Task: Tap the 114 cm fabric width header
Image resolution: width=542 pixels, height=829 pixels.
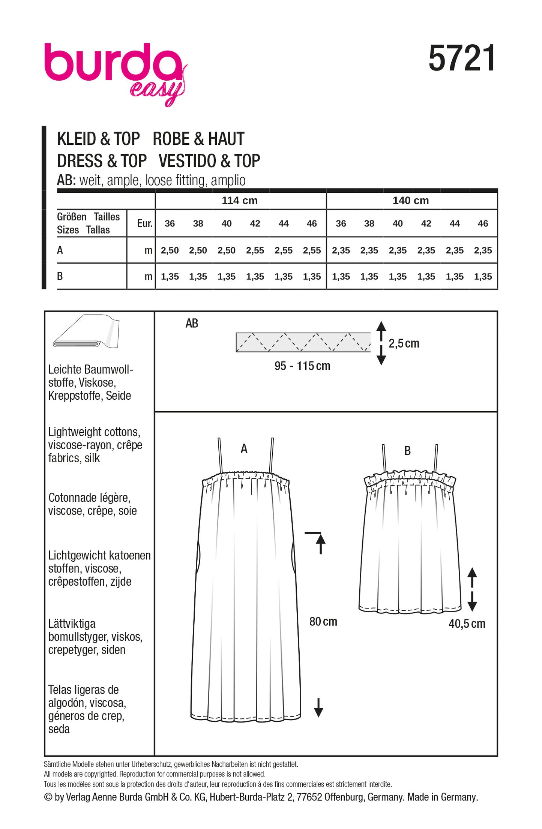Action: pyautogui.click(x=240, y=201)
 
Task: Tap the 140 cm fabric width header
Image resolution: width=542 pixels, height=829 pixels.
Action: pyautogui.click(x=411, y=201)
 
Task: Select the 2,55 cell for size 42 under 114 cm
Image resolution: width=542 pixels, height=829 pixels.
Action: pyautogui.click(x=255, y=250)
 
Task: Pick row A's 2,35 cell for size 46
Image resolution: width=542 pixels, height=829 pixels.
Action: pyautogui.click(x=483, y=250)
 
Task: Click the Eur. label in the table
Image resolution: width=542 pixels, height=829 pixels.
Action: pyautogui.click(x=144, y=223)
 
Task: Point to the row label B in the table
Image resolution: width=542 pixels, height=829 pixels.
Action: pyautogui.click(x=60, y=276)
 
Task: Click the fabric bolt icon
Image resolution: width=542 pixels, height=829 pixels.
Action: pyautogui.click(x=87, y=332)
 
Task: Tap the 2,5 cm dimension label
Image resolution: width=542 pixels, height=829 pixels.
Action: pyautogui.click(x=404, y=343)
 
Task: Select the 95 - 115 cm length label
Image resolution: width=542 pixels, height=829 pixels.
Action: pyautogui.click(x=302, y=366)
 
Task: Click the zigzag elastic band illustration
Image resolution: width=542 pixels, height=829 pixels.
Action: pyautogui.click(x=303, y=342)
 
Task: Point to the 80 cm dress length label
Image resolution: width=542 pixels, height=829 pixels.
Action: pyautogui.click(x=323, y=622)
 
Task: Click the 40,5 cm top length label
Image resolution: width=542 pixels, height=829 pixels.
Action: pyautogui.click(x=467, y=624)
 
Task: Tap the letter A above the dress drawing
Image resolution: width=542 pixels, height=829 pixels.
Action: pyautogui.click(x=244, y=448)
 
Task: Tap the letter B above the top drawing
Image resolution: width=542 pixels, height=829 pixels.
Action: pyautogui.click(x=408, y=451)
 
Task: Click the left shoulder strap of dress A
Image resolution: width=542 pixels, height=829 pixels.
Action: pyautogui.click(x=221, y=456)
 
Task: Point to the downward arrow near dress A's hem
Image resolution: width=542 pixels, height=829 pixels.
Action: pyautogui.click(x=318, y=708)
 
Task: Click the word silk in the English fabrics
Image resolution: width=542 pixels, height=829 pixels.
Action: pyautogui.click(x=92, y=458)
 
